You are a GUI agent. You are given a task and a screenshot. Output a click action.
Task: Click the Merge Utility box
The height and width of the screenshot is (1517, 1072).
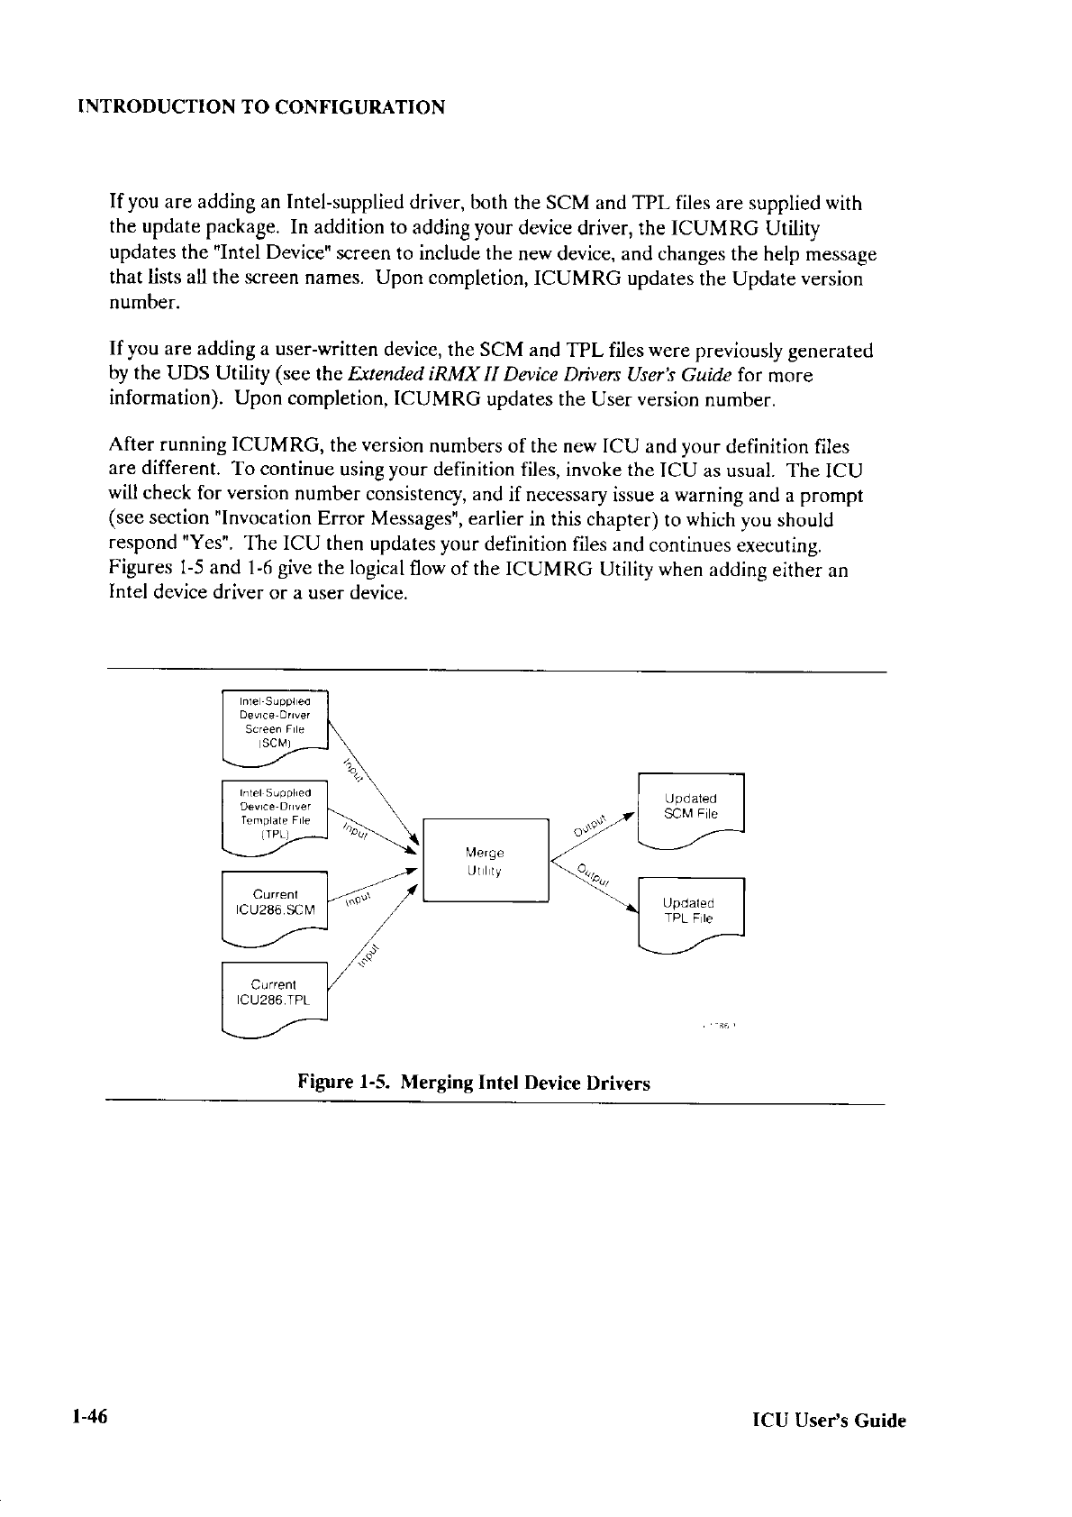486,860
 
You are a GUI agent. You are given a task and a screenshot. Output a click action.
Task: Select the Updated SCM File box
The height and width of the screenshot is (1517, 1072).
690,808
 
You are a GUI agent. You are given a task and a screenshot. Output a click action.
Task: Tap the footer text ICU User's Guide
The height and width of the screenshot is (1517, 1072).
829,1421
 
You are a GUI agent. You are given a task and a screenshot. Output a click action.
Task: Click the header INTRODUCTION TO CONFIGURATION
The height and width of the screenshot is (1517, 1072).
261,108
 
